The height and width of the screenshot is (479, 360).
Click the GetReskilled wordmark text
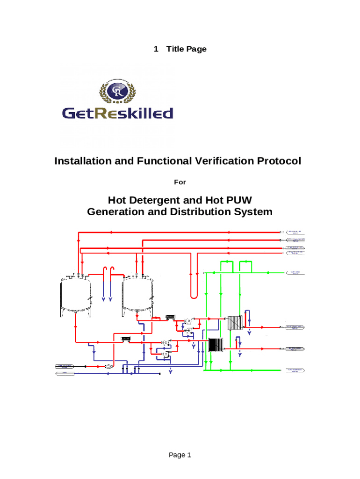click(x=117, y=113)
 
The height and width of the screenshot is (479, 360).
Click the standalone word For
click(x=180, y=181)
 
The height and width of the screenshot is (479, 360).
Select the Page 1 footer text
click(x=180, y=455)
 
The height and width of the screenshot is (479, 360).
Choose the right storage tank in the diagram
click(x=137, y=296)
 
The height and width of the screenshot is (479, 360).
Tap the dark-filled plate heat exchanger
click(x=216, y=345)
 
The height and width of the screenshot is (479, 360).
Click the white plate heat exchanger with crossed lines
click(x=234, y=323)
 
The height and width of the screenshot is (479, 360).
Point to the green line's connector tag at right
click(x=295, y=272)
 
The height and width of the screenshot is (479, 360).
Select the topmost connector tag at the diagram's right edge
click(x=295, y=232)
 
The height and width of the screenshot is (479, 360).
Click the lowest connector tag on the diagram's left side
click(x=65, y=373)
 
